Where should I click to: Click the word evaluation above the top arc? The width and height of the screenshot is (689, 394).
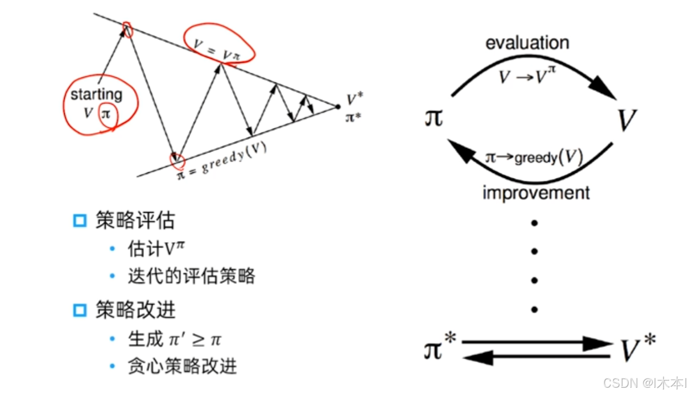tap(527, 43)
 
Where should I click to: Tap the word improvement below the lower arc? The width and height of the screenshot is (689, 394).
tap(536, 193)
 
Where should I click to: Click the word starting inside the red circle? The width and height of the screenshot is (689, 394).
tap(96, 94)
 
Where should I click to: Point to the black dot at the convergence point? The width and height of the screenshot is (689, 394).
tap(337, 106)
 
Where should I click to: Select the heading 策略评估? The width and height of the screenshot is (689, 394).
tap(135, 220)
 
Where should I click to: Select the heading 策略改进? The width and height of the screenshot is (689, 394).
tap(135, 310)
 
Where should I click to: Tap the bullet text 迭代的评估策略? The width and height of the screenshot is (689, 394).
tap(191, 276)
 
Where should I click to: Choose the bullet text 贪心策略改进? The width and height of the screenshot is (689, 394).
tap(182, 366)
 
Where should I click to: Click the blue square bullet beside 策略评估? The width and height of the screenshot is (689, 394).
tap(80, 221)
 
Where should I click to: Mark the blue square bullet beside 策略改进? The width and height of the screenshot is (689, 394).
tap(80, 310)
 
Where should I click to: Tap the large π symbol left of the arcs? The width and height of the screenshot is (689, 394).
tap(433, 119)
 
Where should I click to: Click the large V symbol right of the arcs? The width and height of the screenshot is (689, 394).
tap(628, 120)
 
